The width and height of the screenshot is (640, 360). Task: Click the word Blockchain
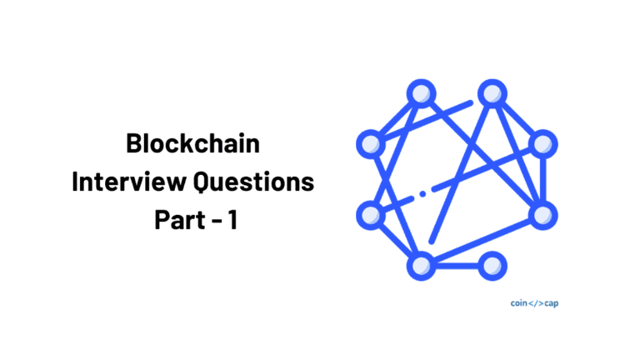(192, 143)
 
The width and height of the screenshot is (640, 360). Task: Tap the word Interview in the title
(129, 181)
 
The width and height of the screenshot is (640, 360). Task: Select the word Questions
(253, 182)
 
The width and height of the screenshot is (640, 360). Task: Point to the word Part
(180, 220)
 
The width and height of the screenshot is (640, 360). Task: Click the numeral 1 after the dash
(232, 220)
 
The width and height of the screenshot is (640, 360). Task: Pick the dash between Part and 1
(217, 221)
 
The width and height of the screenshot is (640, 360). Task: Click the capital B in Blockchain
(134, 143)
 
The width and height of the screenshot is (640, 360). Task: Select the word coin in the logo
(519, 302)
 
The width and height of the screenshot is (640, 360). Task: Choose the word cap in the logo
(552, 303)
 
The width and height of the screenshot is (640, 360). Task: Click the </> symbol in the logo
(536, 303)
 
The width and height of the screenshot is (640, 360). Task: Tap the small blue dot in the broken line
(422, 193)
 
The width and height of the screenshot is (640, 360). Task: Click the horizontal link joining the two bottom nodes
(457, 266)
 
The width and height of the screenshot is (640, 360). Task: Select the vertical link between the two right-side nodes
(542, 180)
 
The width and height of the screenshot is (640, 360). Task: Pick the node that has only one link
(492, 266)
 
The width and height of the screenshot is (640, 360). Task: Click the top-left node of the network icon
(421, 94)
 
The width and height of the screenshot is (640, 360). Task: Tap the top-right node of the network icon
(492, 94)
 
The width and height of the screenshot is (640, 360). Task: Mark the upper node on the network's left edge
(371, 144)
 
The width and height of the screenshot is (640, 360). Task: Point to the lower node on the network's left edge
(371, 215)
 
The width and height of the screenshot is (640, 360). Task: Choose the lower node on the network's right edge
(542, 215)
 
